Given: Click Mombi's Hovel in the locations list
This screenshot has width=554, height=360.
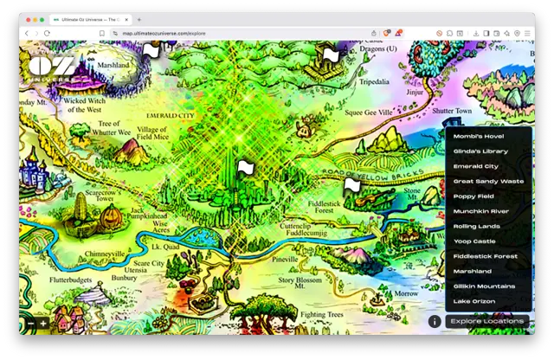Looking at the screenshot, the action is pos(478,136).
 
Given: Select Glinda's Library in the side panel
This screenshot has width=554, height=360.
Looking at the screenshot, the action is pos(480,151).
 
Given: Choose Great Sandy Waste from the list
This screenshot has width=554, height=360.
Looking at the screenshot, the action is pos(488,181).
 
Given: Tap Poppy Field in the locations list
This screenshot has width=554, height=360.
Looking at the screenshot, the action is pos(473,196).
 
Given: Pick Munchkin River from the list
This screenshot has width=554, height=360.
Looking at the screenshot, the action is pos(480,211).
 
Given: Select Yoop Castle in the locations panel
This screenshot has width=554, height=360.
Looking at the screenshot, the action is pos(474,241).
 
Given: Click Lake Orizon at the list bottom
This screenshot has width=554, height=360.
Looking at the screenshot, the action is pos(474,301).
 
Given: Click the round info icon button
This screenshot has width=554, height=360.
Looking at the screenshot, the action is pos(435,321).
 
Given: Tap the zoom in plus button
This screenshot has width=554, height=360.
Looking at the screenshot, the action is pos(43,324).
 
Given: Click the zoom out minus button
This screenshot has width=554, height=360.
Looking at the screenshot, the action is pos(30,324).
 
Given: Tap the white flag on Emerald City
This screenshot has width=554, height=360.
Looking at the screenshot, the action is pos(245,166).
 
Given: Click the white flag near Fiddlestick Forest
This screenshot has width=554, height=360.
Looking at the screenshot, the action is pos(351,183).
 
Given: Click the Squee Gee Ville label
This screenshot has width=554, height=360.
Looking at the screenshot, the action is pos(369,112).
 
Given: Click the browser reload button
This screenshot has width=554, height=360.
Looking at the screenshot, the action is pos(46,34).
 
